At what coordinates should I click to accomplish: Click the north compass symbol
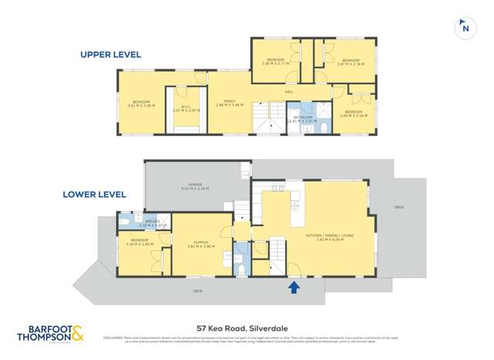pos(464,26)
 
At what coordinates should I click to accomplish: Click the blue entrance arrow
pos(293,287)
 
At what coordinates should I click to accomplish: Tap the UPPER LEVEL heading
pos(111,55)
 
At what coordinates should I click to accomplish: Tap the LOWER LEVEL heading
pos(94,195)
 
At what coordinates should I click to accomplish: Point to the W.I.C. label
pos(186,108)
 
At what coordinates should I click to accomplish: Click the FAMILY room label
pos(230,101)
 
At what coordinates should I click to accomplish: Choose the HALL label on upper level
pos(288,92)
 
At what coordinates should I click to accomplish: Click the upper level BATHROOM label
pos(302,118)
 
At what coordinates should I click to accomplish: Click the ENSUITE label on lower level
pos(151,222)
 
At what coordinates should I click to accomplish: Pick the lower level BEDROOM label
pos(140,241)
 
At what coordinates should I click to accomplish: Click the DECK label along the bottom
pos(199,290)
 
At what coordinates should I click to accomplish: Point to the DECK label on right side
pos(399,206)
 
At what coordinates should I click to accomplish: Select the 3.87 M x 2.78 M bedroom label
pos(349,61)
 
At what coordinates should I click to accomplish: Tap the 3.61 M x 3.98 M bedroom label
pos(141,104)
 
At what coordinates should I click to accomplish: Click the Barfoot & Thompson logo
pos(50,334)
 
